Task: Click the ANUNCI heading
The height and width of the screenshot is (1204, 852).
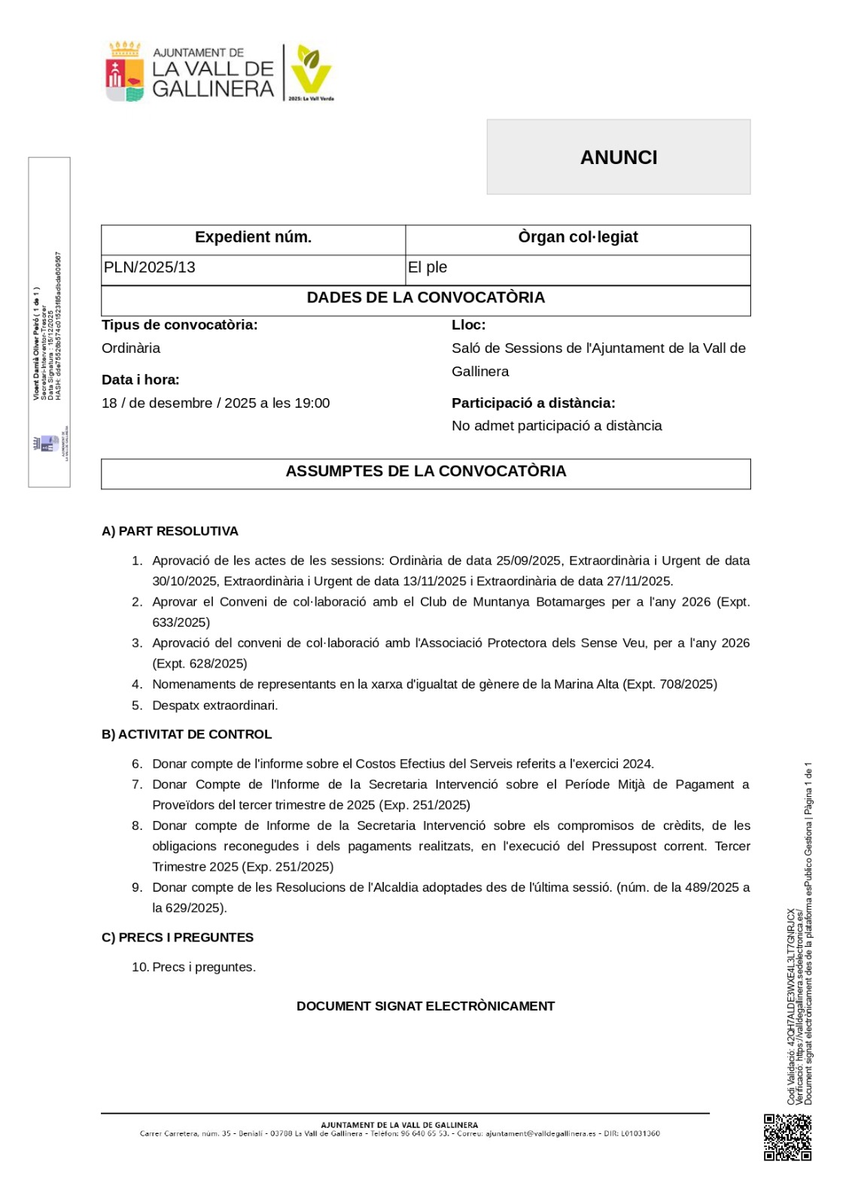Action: pos(619,157)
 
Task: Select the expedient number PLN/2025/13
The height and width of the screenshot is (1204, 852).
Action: pos(150,268)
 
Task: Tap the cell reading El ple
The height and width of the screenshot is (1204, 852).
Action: pos(428,268)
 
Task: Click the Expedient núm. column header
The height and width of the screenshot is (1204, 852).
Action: pos(253,238)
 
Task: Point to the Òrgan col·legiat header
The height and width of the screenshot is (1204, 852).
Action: pos(577,238)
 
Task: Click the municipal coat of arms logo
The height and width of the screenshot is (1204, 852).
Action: pos(124,72)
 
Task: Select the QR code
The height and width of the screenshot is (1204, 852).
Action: pos(787,1137)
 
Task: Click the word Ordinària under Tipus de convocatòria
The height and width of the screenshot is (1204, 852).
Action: pos(131,348)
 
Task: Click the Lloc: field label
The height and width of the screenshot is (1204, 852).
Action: pos(468,325)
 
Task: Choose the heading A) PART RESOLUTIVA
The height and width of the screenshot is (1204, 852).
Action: pos(170,531)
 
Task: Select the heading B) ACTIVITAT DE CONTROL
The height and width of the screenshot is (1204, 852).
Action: pos(187,734)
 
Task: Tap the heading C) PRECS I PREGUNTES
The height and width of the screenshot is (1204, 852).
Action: pos(178,938)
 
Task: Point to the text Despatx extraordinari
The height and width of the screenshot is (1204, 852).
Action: pos(215,706)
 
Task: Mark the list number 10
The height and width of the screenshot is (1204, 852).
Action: pos(139,968)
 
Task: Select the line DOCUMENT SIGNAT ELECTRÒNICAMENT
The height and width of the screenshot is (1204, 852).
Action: pos(425,1007)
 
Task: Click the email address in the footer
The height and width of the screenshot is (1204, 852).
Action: pos(540,1134)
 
